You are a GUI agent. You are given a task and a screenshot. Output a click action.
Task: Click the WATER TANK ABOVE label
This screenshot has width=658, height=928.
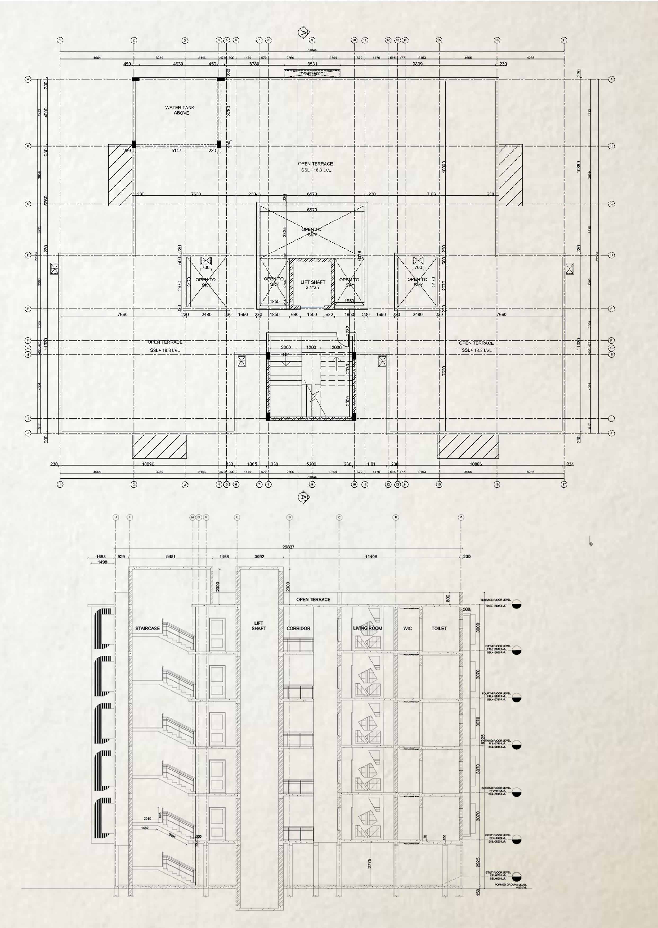click(180, 110)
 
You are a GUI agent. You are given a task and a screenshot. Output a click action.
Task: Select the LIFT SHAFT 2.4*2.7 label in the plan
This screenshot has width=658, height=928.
click(313, 285)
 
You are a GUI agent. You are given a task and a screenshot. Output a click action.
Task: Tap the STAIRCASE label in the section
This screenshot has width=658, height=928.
click(147, 629)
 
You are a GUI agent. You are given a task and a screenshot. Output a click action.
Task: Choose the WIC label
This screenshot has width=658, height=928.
click(408, 629)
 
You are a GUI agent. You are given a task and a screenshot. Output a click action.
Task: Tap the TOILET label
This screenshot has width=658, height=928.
click(439, 629)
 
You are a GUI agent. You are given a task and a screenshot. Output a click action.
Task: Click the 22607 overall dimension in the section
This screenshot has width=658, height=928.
click(288, 547)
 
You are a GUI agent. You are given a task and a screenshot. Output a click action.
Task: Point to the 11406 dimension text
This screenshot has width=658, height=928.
click(371, 557)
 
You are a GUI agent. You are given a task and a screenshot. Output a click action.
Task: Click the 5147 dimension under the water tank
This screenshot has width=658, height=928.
click(176, 151)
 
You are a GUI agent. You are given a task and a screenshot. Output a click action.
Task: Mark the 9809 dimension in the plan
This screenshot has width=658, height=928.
click(417, 64)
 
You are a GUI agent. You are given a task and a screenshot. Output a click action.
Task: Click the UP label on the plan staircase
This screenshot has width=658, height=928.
click(286, 354)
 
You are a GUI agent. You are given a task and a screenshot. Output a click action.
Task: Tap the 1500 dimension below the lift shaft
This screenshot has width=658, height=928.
click(312, 315)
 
